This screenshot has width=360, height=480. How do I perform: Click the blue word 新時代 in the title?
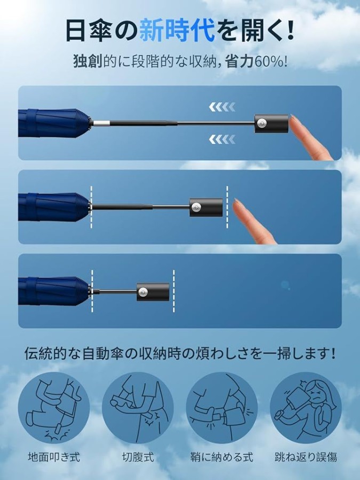click(177, 30)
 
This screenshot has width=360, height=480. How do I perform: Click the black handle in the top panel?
click(271, 124)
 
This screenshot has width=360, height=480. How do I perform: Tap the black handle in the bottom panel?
click(153, 292)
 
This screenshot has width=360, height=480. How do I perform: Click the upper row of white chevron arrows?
click(222, 107)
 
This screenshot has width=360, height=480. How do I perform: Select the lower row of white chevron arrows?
click(222, 139)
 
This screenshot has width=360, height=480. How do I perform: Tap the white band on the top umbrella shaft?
click(101, 123)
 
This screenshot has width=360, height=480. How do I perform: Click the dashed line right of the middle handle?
click(227, 207)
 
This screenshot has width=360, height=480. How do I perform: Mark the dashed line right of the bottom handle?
click(173, 291)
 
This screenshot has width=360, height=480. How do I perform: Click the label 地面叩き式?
click(54, 457)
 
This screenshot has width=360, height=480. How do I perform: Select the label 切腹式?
click(138, 457)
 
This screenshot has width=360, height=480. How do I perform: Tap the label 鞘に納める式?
click(222, 457)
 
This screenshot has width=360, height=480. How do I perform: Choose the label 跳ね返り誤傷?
click(306, 457)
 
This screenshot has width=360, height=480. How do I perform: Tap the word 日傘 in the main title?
click(89, 30)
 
